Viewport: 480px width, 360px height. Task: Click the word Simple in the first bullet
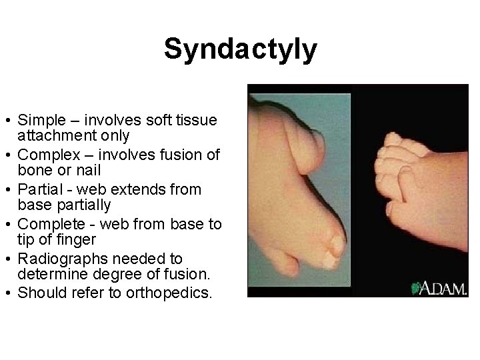pyautogui.click(x=39, y=121)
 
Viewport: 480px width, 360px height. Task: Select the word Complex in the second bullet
pyautogui.click(x=44, y=155)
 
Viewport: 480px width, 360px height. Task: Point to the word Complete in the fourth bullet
pyautogui.click(x=45, y=225)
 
